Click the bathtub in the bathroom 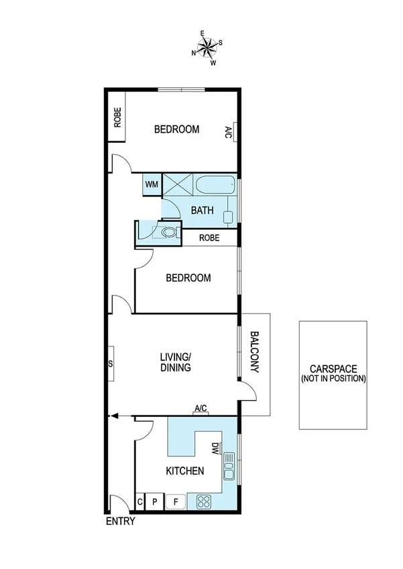tap(215, 185)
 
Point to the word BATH tap(203, 210)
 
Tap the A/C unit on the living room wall tap(200, 412)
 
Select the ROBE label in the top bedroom tap(117, 118)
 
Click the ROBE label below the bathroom tap(209, 237)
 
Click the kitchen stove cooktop tap(205, 501)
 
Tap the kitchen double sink tap(229, 466)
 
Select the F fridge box tap(176, 501)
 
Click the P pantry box tap(154, 501)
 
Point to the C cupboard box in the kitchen tap(141, 501)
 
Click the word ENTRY tap(121, 521)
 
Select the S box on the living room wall tap(110, 365)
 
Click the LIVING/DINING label tap(176, 362)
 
